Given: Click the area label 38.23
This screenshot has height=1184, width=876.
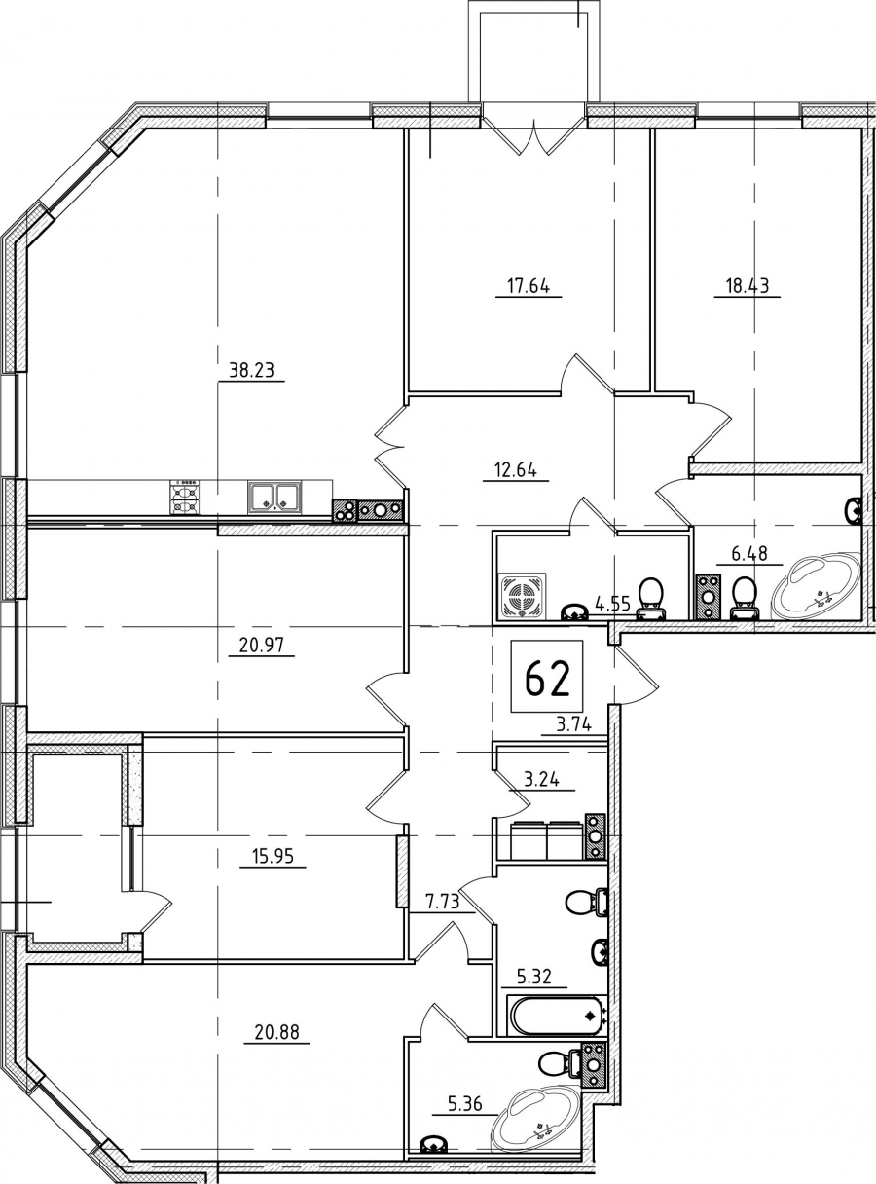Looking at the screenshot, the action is pyautogui.click(x=251, y=370).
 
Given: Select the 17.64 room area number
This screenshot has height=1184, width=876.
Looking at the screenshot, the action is pyautogui.click(x=529, y=286).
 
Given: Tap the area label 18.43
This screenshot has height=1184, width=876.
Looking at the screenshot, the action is pyautogui.click(x=747, y=286).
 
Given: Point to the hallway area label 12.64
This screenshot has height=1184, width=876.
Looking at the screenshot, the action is pyautogui.click(x=516, y=471).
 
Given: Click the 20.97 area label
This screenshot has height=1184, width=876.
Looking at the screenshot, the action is pyautogui.click(x=261, y=646).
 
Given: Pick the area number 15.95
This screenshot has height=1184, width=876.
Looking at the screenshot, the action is pyautogui.click(x=273, y=856).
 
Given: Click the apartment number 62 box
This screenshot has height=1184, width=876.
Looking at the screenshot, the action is pyautogui.click(x=547, y=677).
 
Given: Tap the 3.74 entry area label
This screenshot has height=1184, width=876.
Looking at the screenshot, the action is pyautogui.click(x=574, y=726).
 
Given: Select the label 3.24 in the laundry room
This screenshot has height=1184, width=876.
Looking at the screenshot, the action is pyautogui.click(x=542, y=780).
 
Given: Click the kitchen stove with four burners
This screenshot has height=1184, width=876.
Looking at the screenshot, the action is pyautogui.click(x=186, y=497).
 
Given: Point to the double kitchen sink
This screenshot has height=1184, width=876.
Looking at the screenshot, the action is pyautogui.click(x=274, y=498).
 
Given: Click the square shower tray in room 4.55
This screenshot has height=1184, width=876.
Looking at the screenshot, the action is pyautogui.click(x=522, y=596).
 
